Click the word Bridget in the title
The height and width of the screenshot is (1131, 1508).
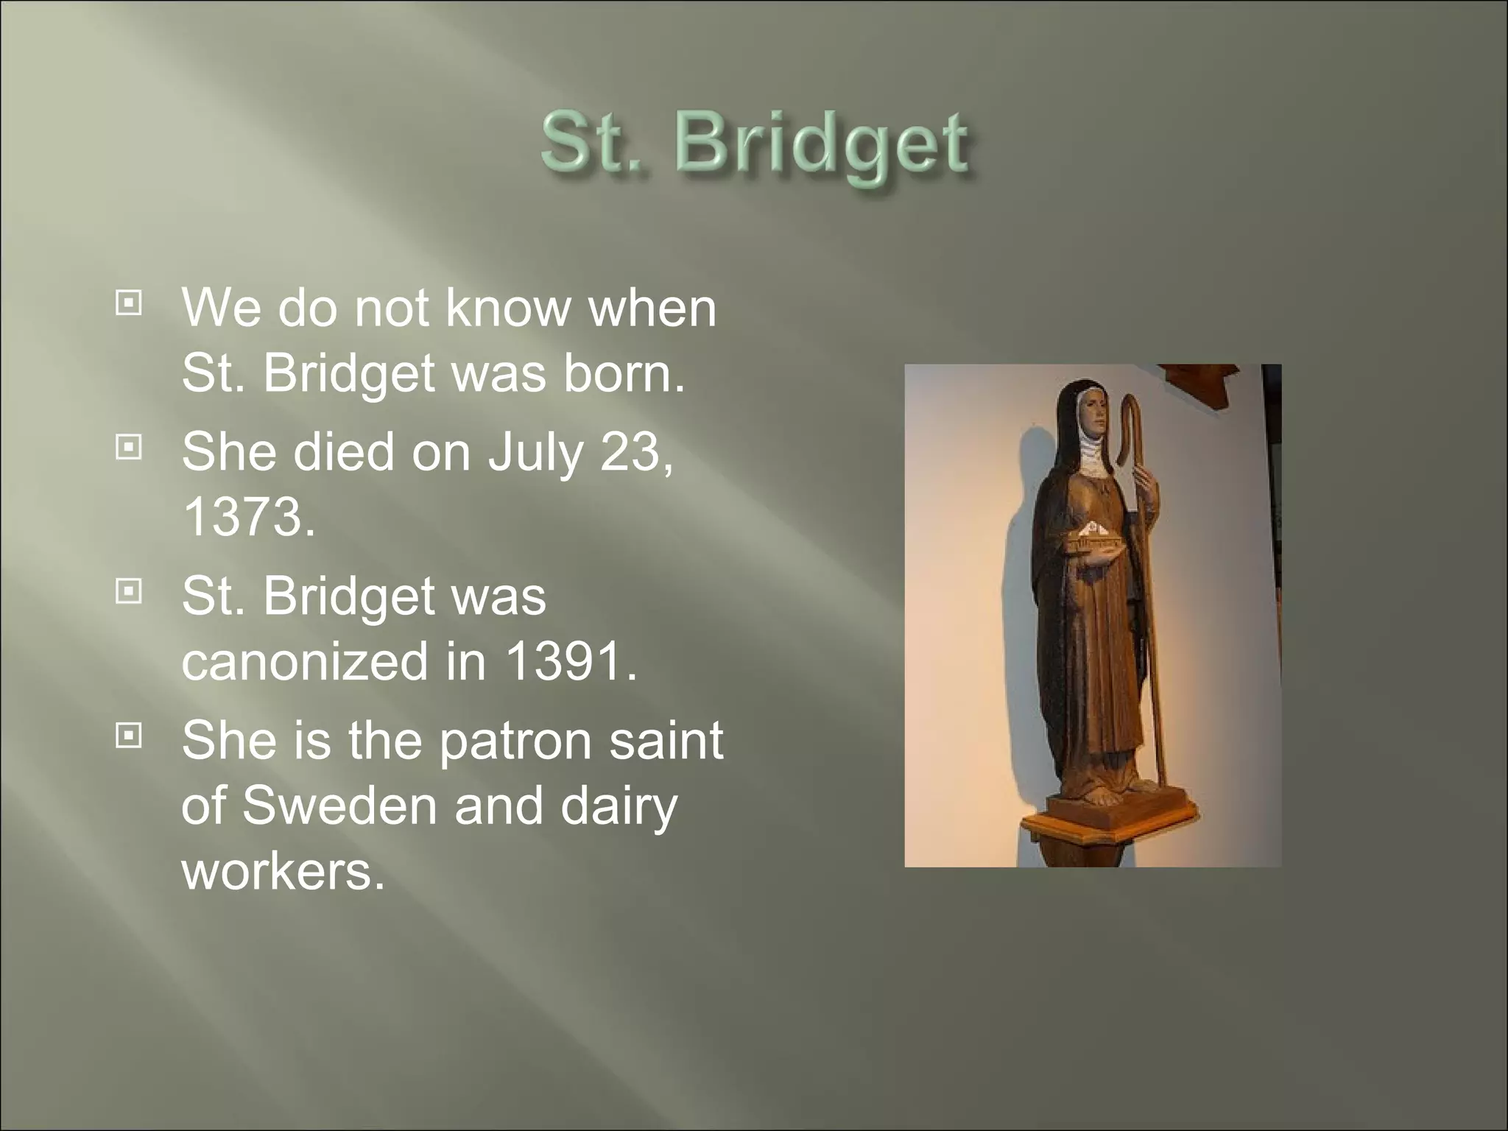click(x=820, y=146)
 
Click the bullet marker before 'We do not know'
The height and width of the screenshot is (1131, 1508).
click(x=129, y=303)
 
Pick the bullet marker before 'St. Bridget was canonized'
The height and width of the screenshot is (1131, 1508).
click(x=129, y=591)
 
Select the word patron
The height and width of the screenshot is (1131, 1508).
click(x=515, y=739)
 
